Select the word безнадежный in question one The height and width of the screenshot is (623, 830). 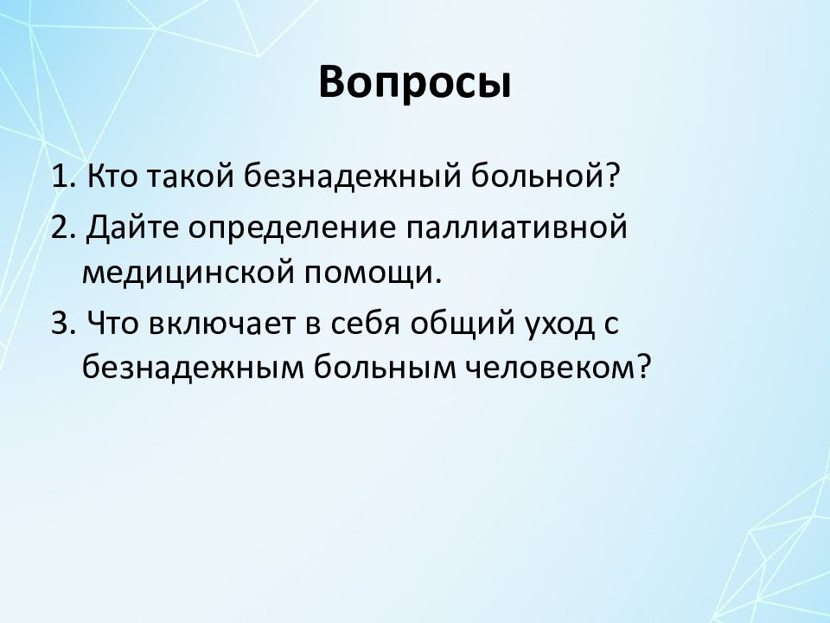(x=353, y=177)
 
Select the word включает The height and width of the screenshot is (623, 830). (x=221, y=323)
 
